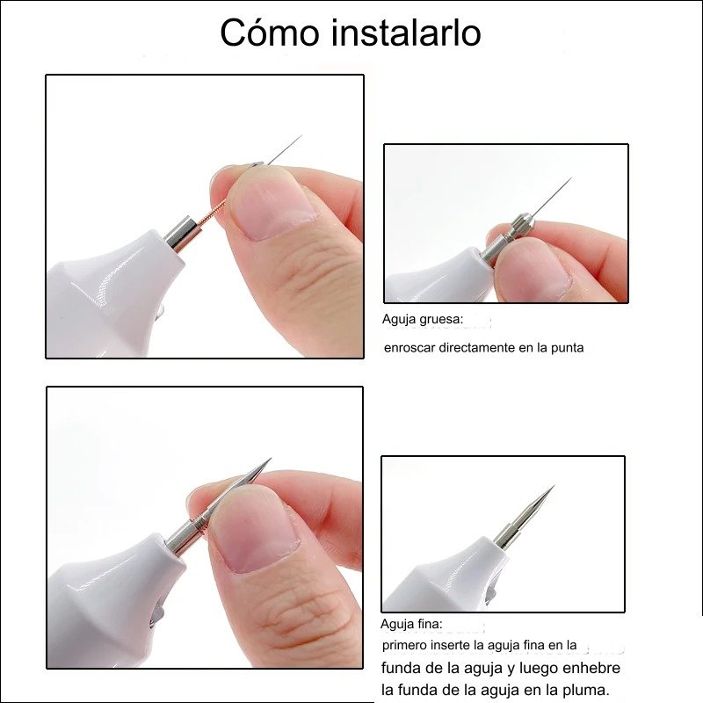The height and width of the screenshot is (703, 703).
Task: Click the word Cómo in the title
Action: pyautogui.click(x=270, y=33)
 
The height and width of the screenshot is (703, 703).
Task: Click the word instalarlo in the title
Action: pyautogui.click(x=406, y=33)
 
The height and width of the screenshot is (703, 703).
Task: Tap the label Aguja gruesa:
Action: pyautogui.click(x=423, y=319)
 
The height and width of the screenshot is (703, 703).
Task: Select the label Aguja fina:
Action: pyautogui.click(x=411, y=624)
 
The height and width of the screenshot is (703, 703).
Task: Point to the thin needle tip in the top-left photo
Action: pyautogui.click(x=301, y=135)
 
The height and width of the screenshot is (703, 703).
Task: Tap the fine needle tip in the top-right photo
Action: pyautogui.click(x=571, y=178)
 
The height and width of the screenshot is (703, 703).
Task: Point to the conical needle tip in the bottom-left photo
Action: pyautogui.click(x=271, y=458)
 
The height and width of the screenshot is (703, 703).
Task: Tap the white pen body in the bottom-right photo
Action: pyautogui.click(x=448, y=577)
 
